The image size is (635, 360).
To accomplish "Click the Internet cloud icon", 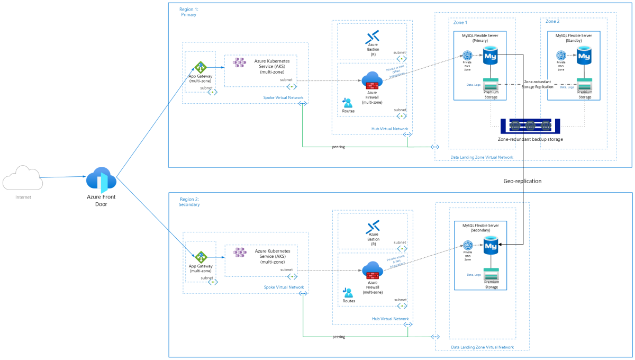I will [x=23, y=178].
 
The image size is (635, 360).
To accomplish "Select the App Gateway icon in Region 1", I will [x=201, y=67].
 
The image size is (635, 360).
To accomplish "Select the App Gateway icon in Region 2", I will [x=201, y=257].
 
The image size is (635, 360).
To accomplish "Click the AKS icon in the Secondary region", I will [x=240, y=252].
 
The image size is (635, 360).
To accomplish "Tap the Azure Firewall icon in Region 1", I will [x=373, y=80].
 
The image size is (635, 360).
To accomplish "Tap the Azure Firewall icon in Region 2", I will [x=373, y=270].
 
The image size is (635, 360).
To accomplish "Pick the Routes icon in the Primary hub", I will [x=348, y=102].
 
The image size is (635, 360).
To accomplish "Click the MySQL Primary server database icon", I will [x=491, y=55].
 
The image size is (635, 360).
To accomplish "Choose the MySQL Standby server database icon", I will [x=584, y=55].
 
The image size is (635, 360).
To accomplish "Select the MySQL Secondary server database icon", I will [x=491, y=245].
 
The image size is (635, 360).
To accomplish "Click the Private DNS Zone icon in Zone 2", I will [x=561, y=55].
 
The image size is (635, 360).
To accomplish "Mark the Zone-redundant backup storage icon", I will [x=530, y=125].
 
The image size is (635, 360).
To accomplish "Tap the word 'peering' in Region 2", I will [x=339, y=337].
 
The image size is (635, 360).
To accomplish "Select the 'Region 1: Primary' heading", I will [x=189, y=12].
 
